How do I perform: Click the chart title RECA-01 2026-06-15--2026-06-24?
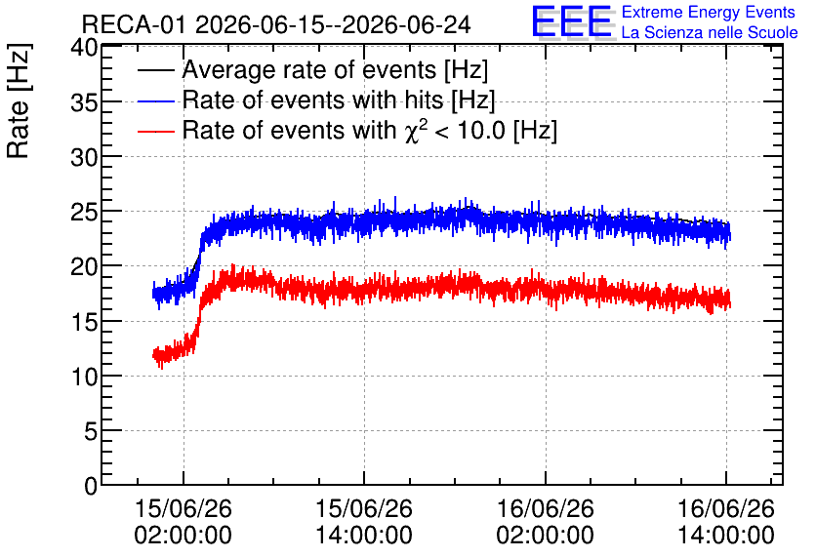(276, 24)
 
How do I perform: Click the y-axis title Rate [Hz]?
(19, 100)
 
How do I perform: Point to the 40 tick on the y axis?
(84, 48)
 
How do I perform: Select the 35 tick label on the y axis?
(84, 102)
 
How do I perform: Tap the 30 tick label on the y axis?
(84, 157)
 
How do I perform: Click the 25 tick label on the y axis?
(84, 212)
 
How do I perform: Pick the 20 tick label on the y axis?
(84, 266)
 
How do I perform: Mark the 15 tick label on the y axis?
(84, 322)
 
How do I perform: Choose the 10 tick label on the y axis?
(84, 377)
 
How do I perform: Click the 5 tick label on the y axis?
(91, 431)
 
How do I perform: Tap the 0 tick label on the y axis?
(91, 486)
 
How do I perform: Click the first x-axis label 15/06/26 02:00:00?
(184, 521)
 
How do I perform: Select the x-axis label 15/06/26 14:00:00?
(364, 521)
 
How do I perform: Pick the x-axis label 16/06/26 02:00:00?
(546, 521)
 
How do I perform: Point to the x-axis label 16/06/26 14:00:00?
(726, 521)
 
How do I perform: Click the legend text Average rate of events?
(309, 69)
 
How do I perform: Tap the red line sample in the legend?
(155, 131)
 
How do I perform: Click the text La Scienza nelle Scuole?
(710, 33)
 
